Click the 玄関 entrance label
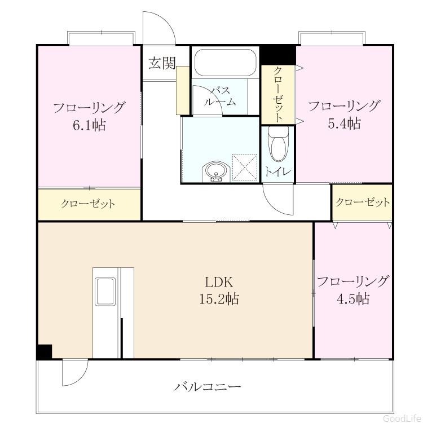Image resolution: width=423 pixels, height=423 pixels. pos(162,63)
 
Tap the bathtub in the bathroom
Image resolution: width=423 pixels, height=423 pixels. pos(225,62)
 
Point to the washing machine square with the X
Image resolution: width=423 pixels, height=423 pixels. pos(244,167)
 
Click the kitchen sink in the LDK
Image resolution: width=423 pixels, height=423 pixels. pos(105,292)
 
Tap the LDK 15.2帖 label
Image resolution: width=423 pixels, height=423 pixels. pos(219,290)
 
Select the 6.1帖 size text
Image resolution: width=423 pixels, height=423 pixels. pos(89,125)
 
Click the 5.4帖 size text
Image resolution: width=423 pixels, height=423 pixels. pos(344,124)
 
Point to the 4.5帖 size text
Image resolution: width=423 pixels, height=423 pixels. pos(353,299)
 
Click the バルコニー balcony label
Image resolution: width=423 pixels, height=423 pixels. pos(207,387)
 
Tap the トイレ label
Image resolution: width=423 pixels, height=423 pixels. pos(278,172)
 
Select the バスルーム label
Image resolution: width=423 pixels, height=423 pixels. pos(220,96)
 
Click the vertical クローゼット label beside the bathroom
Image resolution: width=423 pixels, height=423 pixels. pos(278,94)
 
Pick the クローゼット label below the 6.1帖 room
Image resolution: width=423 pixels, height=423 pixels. pos(88,204)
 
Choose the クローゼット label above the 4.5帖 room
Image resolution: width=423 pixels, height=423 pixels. pos(363,202)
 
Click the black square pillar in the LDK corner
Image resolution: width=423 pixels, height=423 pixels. pos(44,351)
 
